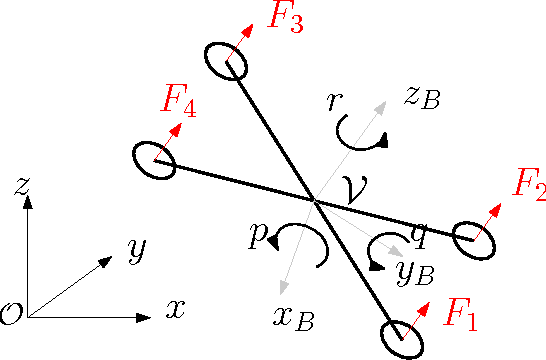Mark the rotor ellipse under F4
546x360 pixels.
point(153,160)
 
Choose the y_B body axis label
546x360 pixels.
point(413,268)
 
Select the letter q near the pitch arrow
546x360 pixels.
point(420,236)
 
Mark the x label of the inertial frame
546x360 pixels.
point(176,309)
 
